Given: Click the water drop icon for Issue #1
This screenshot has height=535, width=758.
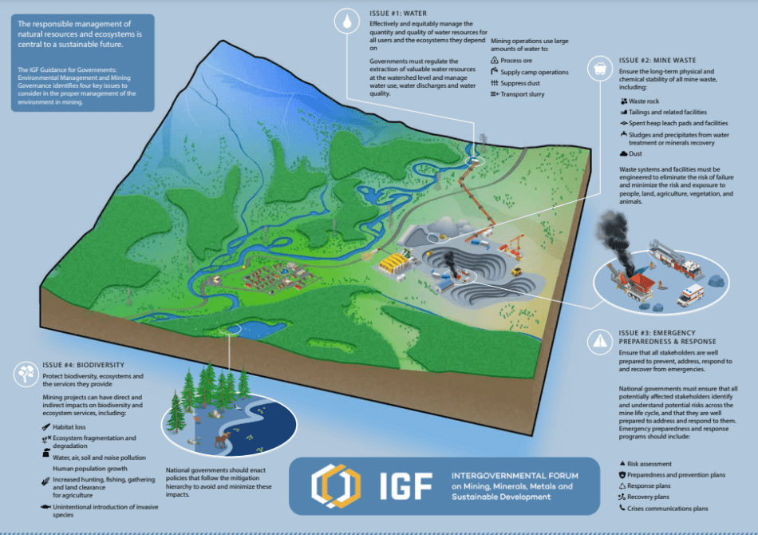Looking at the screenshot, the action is [x=347, y=23].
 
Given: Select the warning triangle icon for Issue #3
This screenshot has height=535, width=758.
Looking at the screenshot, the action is [x=598, y=342].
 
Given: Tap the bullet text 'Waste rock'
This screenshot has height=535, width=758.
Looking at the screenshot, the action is [x=644, y=101].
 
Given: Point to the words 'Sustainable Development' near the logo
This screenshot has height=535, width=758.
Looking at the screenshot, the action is [x=499, y=497].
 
